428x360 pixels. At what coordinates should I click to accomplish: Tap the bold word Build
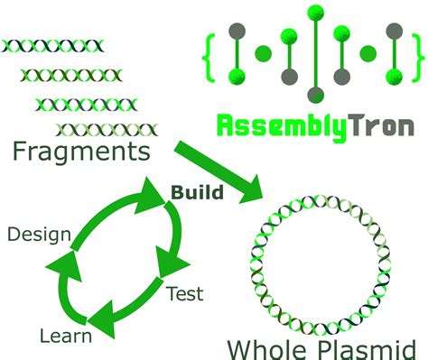tap(197, 191)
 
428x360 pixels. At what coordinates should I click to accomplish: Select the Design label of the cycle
tap(39, 235)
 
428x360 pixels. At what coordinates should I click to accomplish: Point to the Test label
tap(184, 294)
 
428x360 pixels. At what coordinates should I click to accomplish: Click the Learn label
tap(65, 337)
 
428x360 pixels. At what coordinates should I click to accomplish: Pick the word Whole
tap(269, 347)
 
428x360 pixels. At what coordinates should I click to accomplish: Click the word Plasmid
tap(369, 347)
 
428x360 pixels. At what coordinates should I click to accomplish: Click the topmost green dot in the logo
tap(315, 13)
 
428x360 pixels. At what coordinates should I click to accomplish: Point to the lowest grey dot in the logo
tap(315, 94)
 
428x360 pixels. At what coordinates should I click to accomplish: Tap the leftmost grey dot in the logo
tap(237, 32)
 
